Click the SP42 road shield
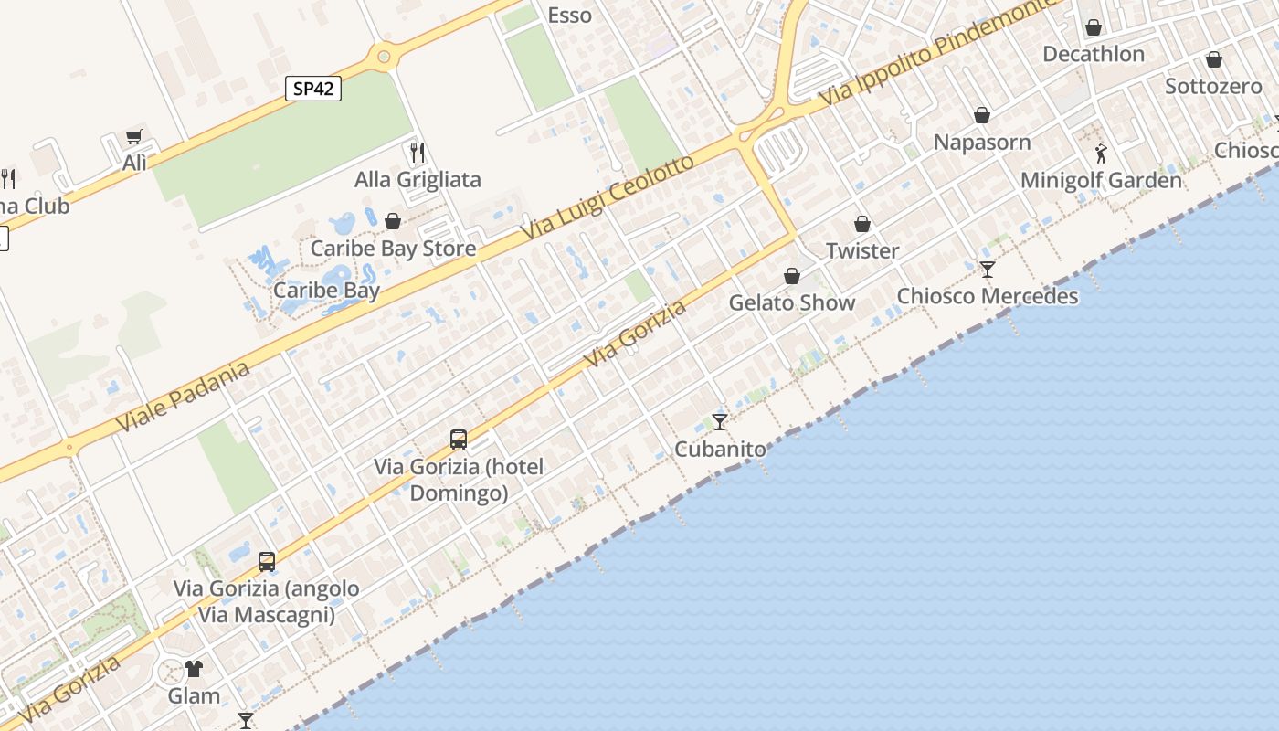[313, 89]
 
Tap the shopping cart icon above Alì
[134, 137]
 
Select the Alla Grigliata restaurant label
[418, 179]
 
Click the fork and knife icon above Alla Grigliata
[418, 152]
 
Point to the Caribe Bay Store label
[393, 249]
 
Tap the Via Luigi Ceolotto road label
[607, 198]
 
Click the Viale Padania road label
[183, 398]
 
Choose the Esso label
[569, 16]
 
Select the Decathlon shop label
[1093, 54]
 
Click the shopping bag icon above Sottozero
[1213, 60]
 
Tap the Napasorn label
[981, 143]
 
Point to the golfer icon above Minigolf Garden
[1101, 153]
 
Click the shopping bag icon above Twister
[861, 224]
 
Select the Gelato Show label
[791, 302]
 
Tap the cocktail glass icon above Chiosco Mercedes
[987, 270]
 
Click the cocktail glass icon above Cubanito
[720, 421]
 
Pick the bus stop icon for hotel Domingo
[459, 440]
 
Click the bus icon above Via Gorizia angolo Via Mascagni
[267, 561]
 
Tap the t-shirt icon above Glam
[194, 669]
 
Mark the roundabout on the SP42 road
[384, 58]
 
